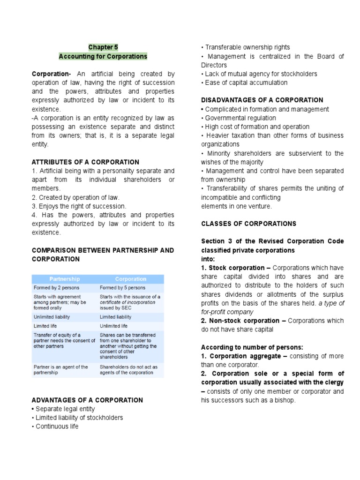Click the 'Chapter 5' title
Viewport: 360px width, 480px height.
(x=103, y=47)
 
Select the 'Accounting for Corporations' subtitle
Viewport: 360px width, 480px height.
(x=103, y=56)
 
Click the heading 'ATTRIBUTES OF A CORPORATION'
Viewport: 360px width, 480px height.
(x=85, y=162)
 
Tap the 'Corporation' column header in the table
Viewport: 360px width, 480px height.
(x=131, y=279)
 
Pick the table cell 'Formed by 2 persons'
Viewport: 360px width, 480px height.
(x=56, y=288)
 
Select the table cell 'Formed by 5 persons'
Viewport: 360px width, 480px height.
(x=122, y=288)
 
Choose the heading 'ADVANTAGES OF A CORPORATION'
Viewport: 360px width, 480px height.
(x=87, y=400)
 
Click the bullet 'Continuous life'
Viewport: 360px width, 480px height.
(x=57, y=427)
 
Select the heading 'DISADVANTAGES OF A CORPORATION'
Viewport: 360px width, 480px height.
(x=262, y=100)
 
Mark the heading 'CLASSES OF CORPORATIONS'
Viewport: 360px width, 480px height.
(x=248, y=224)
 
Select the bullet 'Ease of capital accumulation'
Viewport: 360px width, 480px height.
(x=246, y=83)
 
